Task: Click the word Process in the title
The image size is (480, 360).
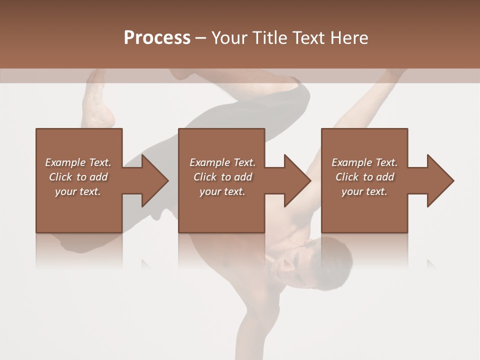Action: (157, 38)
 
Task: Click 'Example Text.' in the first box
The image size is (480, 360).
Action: (78, 162)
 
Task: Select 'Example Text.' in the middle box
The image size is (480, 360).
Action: (222, 162)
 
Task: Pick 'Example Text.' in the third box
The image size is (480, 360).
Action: (364, 162)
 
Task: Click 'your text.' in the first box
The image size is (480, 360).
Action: (78, 191)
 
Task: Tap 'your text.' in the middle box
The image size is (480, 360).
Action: (222, 191)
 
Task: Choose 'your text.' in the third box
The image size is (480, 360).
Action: (364, 191)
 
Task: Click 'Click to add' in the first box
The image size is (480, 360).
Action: (78, 177)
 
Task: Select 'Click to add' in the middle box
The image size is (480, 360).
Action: (222, 177)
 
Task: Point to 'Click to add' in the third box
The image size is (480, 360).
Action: (364, 177)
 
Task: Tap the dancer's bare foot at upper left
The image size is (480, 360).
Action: (97, 105)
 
